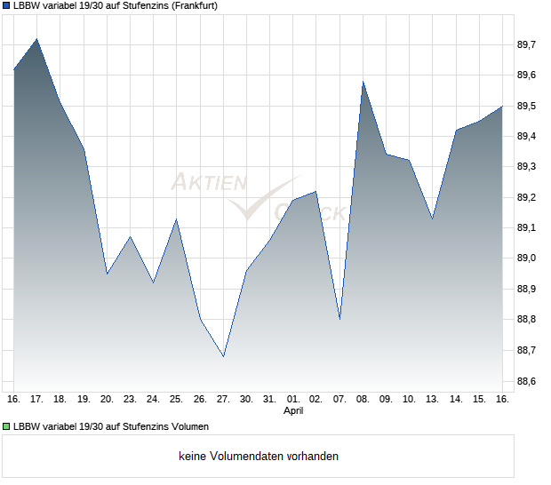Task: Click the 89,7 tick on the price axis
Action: pyautogui.click(x=528, y=44)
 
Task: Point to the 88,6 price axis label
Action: pyautogui.click(x=528, y=381)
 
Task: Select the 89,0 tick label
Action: pyautogui.click(x=528, y=258)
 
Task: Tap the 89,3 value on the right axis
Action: pyautogui.click(x=528, y=167)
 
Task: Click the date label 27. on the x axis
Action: pyautogui.click(x=223, y=399)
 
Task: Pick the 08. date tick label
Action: pyautogui.click(x=363, y=399)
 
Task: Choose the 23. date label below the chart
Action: pyautogui.click(x=130, y=399)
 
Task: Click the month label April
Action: pyautogui.click(x=293, y=411)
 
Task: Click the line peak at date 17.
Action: pyautogui.click(x=37, y=39)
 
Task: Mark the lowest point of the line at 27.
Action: pyautogui.click(x=223, y=356)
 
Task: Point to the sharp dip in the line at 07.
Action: pyautogui.click(x=339, y=319)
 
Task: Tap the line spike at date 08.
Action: pyautogui.click(x=363, y=82)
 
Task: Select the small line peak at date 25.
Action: pyautogui.click(x=176, y=219)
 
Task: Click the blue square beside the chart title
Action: pyautogui.click(x=6, y=5)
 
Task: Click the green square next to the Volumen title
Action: pyautogui.click(x=6, y=427)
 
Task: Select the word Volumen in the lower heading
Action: pyautogui.click(x=188, y=427)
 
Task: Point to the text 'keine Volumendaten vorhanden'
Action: pyautogui.click(x=259, y=457)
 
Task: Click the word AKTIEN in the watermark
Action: pyautogui.click(x=208, y=183)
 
